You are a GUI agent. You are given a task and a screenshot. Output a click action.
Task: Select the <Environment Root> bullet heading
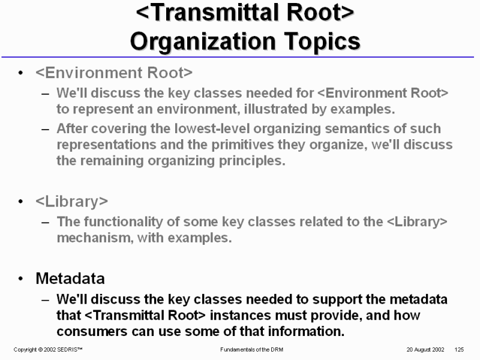point(114,73)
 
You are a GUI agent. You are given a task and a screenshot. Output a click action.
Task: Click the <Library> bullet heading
point(71,202)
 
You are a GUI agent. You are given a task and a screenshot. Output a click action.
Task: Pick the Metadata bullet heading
point(70,278)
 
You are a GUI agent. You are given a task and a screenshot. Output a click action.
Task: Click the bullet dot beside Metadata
point(20,278)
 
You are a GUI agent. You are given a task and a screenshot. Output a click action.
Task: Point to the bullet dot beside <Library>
point(20,202)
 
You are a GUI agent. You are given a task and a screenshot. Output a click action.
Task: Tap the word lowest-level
point(212,128)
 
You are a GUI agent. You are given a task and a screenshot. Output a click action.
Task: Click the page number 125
point(459,350)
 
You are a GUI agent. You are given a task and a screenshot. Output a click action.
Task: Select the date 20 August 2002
point(425,350)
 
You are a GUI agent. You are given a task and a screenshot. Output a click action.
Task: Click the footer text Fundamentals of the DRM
point(251,350)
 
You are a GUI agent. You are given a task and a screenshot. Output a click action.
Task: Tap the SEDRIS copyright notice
point(48,350)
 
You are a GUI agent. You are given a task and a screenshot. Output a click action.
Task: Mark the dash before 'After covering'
point(46,129)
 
